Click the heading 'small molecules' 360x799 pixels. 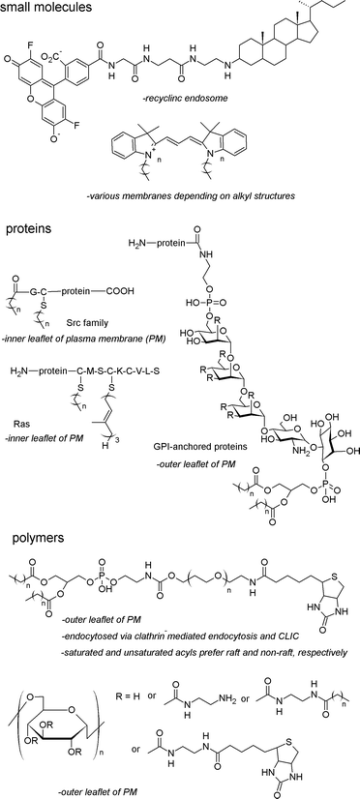[50, 11]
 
